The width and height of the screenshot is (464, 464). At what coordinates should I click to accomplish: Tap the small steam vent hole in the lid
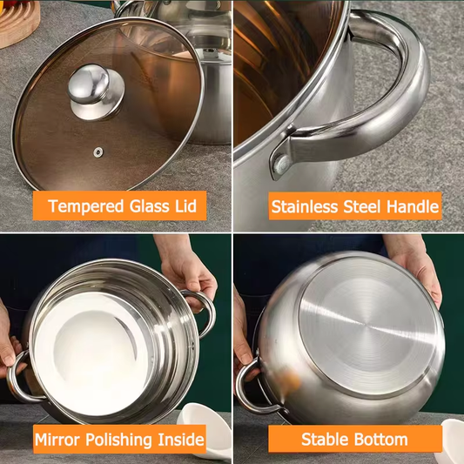(98, 152)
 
